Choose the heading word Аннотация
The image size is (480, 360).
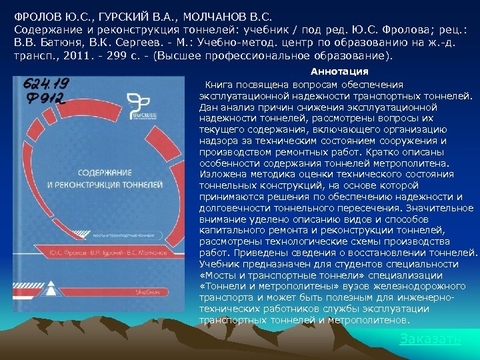pyautogui.click(x=339, y=71)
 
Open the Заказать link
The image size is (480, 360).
pyautogui.click(x=430, y=339)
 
